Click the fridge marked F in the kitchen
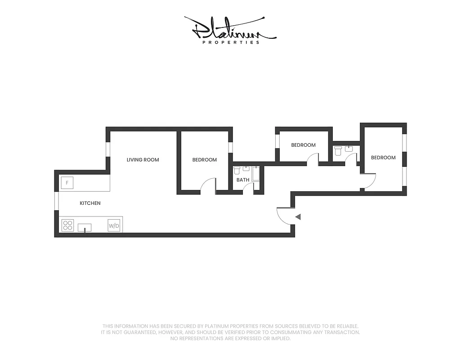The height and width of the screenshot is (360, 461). pyautogui.click(x=67, y=183)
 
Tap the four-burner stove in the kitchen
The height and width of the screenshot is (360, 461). pyautogui.click(x=68, y=225)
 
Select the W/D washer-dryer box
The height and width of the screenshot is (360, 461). pyautogui.click(x=114, y=225)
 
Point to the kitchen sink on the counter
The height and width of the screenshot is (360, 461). pyautogui.click(x=85, y=227)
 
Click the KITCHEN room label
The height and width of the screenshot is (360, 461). pyautogui.click(x=90, y=203)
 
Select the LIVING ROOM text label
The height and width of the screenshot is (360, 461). pyautogui.click(x=143, y=160)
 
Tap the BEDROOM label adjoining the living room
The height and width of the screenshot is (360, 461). pyautogui.click(x=204, y=160)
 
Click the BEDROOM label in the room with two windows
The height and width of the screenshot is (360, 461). pyautogui.click(x=383, y=157)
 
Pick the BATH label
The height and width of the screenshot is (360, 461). pyautogui.click(x=243, y=180)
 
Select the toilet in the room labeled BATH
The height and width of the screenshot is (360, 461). pyautogui.click(x=237, y=171)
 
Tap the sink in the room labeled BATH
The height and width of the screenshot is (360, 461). pyautogui.click(x=246, y=169)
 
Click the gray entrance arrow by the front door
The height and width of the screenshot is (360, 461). pyautogui.click(x=297, y=217)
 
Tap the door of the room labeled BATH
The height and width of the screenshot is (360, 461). pyautogui.click(x=248, y=188)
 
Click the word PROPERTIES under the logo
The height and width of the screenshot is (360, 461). pyautogui.click(x=231, y=42)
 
